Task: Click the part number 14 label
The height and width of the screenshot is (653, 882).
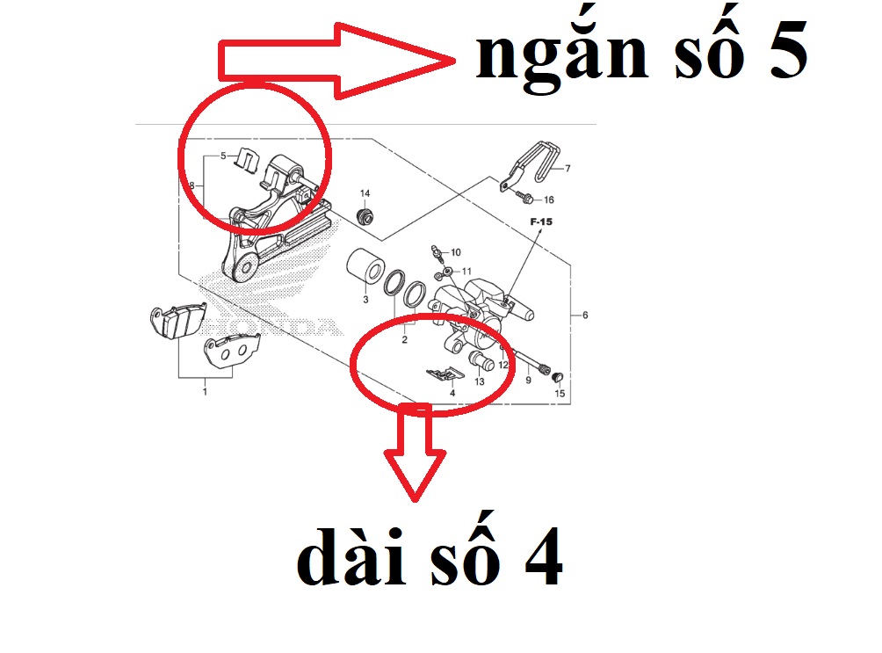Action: coord(365,192)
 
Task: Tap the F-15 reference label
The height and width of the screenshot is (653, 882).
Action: coord(540,222)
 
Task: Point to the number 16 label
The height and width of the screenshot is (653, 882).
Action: coord(548,200)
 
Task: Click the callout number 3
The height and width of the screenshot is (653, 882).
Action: coord(365,301)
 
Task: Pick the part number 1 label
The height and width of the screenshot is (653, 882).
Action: coord(205,391)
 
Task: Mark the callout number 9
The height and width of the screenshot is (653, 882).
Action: coord(528,381)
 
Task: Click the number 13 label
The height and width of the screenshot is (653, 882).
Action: coord(480,382)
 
